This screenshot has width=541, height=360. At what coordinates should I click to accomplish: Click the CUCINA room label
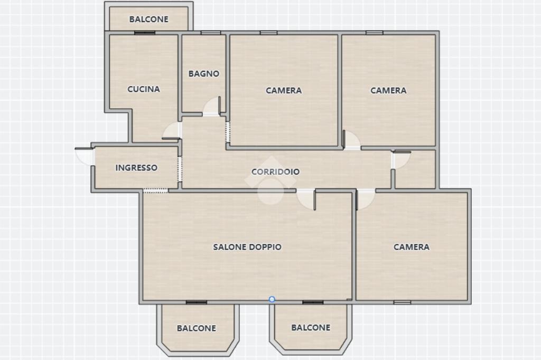(x=144, y=89)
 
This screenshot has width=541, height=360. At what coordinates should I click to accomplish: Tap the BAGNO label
(x=203, y=73)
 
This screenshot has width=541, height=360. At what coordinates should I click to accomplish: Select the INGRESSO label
(x=136, y=167)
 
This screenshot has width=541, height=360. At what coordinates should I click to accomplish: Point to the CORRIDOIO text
(x=275, y=172)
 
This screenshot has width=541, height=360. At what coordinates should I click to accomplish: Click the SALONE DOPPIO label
(x=247, y=247)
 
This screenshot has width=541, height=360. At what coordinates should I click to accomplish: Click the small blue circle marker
(x=272, y=299)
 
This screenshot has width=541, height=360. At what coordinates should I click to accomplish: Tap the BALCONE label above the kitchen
(x=148, y=20)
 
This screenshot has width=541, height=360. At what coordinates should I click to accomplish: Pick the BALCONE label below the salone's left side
(x=197, y=328)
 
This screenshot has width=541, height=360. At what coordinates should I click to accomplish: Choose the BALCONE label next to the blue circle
(x=311, y=328)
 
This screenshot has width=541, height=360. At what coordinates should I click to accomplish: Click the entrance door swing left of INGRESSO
(x=84, y=156)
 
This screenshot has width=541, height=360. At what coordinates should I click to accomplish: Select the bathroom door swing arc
(x=211, y=106)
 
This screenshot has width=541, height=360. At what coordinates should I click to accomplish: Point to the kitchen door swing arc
(x=172, y=131)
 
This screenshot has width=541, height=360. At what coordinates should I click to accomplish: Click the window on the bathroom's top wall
(x=210, y=33)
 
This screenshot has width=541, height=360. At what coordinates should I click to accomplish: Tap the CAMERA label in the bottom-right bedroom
(x=411, y=247)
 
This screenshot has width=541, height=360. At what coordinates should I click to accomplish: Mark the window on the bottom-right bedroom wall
(x=402, y=302)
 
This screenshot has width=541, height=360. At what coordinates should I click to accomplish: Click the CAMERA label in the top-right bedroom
(x=388, y=90)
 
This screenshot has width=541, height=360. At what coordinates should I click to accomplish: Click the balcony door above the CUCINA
(x=145, y=33)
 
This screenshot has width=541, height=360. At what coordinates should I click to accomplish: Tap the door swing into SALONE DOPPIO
(x=306, y=200)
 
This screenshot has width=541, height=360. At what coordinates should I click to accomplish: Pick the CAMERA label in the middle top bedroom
(x=284, y=90)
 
